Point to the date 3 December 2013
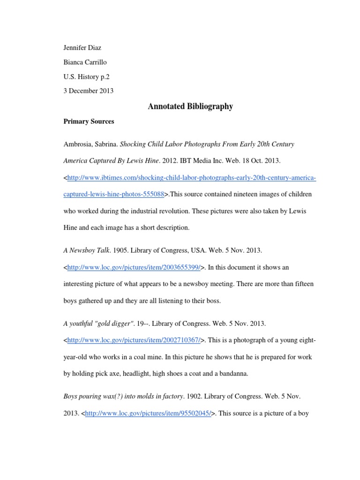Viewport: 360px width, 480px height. (88, 90)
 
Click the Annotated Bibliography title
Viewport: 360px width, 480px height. (190, 106)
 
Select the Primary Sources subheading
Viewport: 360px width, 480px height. (89, 121)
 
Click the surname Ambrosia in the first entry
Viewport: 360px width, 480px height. (78, 144)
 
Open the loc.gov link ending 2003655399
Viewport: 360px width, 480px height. (135, 267)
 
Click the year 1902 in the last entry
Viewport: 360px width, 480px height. (193, 397)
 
